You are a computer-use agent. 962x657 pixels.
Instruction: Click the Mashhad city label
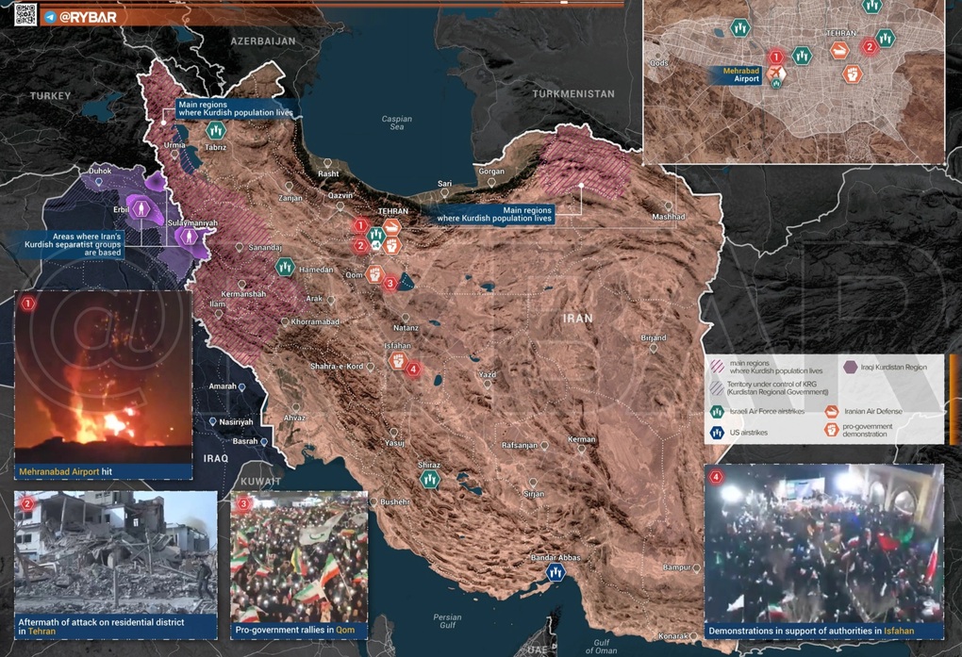(668, 217)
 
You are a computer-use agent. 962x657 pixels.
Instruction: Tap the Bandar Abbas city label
(556, 557)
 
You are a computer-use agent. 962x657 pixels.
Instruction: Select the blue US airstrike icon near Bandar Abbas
(556, 572)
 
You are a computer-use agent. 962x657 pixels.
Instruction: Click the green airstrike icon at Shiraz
(430, 478)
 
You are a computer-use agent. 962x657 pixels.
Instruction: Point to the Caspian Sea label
(397, 123)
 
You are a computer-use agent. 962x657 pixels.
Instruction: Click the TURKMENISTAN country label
(572, 94)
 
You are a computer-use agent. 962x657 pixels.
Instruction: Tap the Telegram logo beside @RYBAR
(50, 16)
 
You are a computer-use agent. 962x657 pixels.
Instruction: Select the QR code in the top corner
(25, 13)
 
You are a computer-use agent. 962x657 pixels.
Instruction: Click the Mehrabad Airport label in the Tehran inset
(741, 74)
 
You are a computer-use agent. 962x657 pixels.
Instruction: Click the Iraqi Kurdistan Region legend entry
(893, 368)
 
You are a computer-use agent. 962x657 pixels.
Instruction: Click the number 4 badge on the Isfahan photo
(716, 477)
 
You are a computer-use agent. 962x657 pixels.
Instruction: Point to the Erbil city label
(121, 209)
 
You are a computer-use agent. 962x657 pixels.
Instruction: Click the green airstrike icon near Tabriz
(216, 130)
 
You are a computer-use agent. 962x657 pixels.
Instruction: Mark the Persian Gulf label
(448, 621)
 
